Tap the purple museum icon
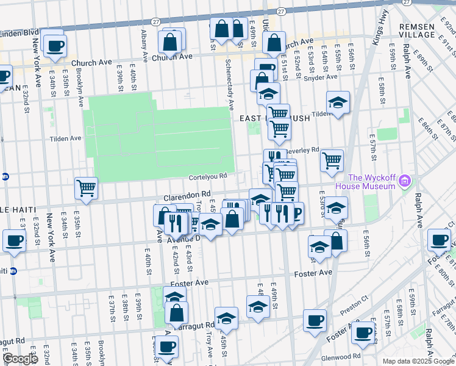[x=404, y=181]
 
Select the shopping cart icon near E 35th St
[x=86, y=188]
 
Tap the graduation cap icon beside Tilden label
[x=338, y=102]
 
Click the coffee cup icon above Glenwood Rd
[x=364, y=333]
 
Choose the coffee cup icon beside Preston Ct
[x=315, y=320]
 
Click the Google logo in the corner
[x=20, y=359]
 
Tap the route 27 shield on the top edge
[x=280, y=11]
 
